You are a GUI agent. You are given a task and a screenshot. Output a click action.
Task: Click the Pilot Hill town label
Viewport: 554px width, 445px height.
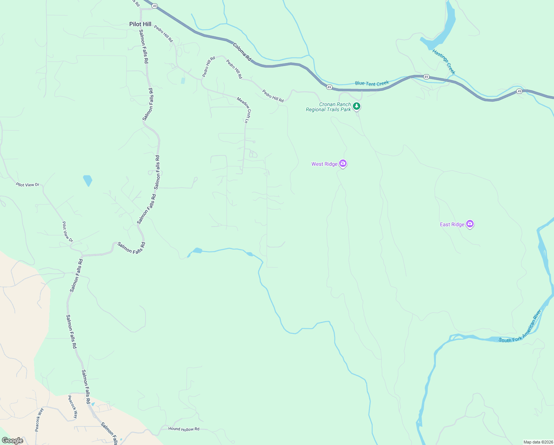pos(140,24)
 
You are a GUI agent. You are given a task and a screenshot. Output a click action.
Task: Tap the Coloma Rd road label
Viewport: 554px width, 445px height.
pos(242,52)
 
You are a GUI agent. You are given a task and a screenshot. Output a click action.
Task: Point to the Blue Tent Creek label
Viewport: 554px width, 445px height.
pos(372,83)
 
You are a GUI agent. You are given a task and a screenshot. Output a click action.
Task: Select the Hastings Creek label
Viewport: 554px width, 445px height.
pos(444,62)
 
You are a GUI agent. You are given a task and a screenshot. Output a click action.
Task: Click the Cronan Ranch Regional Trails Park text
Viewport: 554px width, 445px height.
pos(328,107)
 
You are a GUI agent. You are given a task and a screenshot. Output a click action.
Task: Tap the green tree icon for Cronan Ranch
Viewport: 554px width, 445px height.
pos(356,106)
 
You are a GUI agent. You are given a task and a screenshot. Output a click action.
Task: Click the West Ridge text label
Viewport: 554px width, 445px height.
pos(324,164)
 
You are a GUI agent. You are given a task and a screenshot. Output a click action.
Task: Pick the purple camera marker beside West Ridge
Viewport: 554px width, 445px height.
pos(343,163)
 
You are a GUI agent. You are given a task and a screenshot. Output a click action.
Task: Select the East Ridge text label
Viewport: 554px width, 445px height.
pos(452,224)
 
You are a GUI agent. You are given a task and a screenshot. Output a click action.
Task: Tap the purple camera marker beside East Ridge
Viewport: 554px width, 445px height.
pos(470,224)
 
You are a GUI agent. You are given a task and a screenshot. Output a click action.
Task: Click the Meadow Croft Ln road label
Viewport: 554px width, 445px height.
pos(244,110)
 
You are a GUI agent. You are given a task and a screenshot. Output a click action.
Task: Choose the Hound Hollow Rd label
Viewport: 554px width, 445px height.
pos(184,429)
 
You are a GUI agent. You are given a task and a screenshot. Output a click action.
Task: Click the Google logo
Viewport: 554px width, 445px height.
pos(13,441)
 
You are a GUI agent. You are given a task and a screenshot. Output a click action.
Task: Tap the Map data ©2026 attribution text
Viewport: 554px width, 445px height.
pos(538,442)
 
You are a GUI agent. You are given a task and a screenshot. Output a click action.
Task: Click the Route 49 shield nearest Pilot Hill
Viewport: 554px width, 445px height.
pos(155,6)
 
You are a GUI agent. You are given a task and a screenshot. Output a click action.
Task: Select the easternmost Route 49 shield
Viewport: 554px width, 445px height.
pos(520,91)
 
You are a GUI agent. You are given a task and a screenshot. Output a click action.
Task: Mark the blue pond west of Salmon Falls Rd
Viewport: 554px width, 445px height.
pos(88,181)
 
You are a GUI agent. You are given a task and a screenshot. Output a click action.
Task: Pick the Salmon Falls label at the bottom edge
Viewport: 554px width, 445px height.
pos(110,433)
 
